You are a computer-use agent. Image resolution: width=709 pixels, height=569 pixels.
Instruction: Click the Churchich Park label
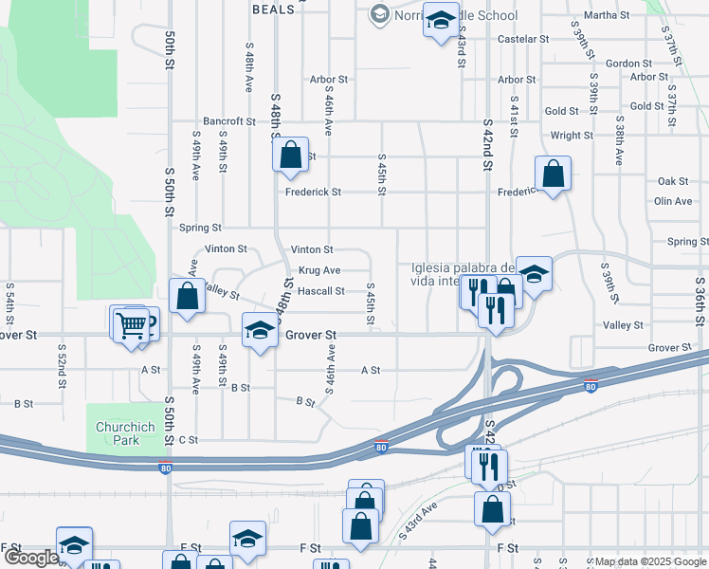coord(118,433)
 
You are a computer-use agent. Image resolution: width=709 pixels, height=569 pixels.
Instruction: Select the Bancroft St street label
coord(229,121)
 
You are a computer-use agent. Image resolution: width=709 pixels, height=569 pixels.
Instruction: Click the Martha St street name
coord(607,15)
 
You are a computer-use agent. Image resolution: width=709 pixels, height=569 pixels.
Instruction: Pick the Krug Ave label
coord(319,270)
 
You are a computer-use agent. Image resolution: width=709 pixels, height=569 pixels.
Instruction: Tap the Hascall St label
coord(320,291)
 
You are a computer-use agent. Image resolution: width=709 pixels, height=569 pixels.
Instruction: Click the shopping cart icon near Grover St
coord(132,325)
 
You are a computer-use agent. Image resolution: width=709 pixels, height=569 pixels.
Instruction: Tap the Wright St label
coord(572,136)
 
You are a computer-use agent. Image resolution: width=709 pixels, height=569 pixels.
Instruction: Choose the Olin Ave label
coord(673,201)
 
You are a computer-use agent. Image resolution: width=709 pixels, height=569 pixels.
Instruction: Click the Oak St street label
coord(673,181)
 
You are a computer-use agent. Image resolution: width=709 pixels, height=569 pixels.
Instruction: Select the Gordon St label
coord(624,64)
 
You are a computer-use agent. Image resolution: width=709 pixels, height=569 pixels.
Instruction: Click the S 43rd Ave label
coord(418,521)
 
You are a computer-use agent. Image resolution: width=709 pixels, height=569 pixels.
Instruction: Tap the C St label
coord(188,440)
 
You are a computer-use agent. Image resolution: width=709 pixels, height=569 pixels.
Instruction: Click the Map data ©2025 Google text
coord(649,561)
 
